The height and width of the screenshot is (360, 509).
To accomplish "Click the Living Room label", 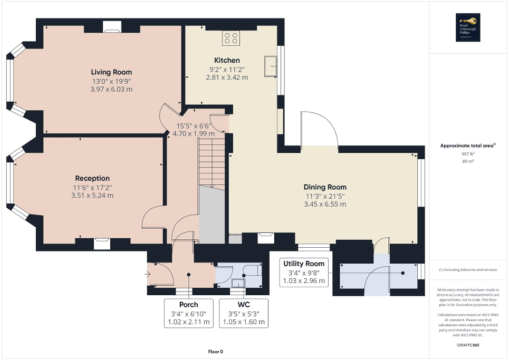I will coord(111,72).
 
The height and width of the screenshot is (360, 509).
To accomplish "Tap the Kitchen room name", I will coord(227,60).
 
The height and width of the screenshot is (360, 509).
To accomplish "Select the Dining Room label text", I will coord(325,187).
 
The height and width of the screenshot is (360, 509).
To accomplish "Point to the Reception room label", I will coord(92,178).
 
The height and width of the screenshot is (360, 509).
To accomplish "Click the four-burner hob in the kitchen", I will coord(231,37).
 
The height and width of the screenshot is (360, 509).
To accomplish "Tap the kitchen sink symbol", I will coord(272,66).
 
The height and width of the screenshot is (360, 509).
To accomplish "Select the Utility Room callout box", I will coord(303,272).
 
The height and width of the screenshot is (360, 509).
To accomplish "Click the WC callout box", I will coord(244,313).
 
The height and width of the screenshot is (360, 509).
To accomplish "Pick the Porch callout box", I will coord(188,313).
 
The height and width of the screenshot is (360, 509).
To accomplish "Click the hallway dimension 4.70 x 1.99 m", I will coord(194,134).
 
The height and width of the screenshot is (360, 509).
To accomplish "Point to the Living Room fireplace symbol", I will coord(111,26).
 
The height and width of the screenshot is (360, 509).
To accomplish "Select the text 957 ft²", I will coord(468,154).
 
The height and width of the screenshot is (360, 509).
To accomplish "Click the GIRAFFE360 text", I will coord(468,345).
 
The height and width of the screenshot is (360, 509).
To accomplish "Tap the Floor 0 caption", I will coord(215,352).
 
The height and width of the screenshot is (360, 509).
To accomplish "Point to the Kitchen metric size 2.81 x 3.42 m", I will coord(227,77).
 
